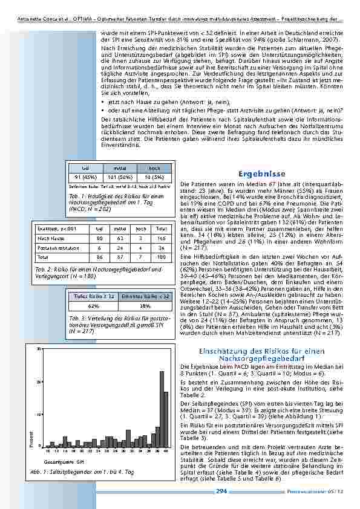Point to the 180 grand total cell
[x=161, y=256]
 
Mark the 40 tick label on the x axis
[x=166, y=451]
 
